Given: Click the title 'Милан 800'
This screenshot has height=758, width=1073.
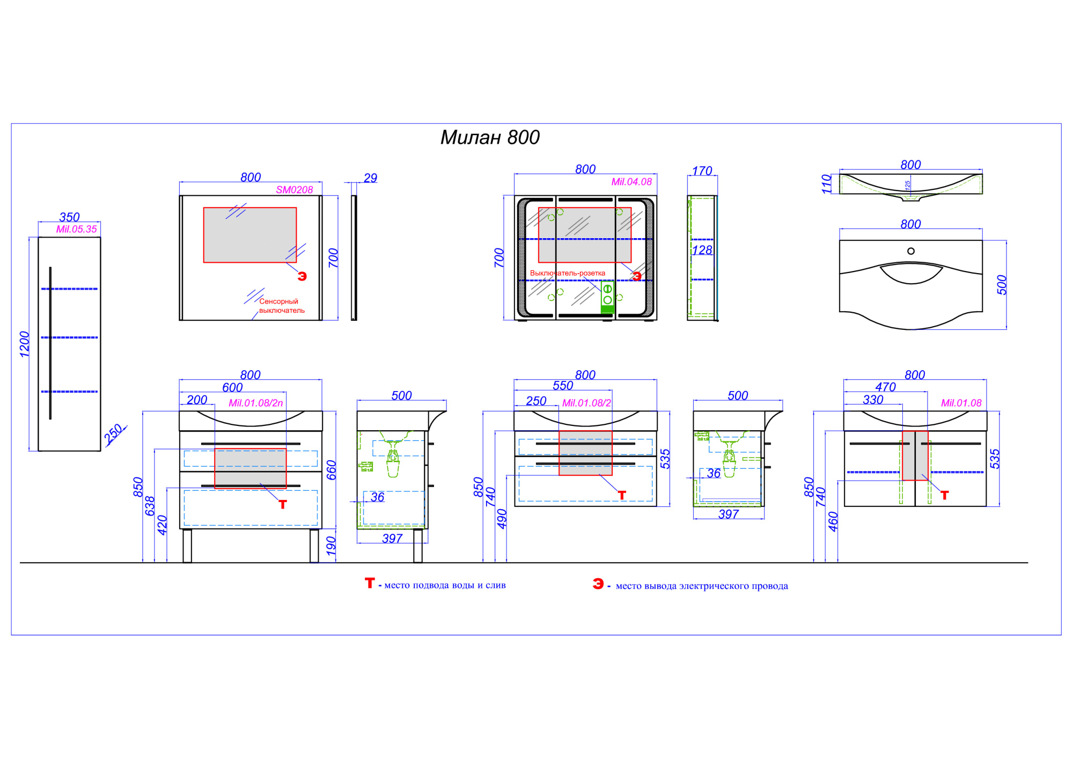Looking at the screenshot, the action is click(x=490, y=138).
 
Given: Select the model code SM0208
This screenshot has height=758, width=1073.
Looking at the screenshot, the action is click(x=295, y=190).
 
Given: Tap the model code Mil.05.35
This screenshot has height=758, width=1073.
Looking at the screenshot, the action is click(x=77, y=230).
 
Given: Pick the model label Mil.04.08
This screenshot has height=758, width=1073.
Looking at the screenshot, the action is click(x=631, y=182).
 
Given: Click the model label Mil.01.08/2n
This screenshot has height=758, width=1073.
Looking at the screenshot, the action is click(x=256, y=403).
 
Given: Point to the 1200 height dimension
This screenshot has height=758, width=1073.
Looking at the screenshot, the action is click(x=25, y=344).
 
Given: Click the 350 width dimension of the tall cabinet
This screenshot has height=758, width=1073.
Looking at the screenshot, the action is click(x=69, y=217).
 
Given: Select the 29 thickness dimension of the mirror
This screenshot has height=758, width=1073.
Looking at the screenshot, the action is click(x=371, y=178).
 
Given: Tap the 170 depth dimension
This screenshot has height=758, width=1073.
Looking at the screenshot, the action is click(x=702, y=171).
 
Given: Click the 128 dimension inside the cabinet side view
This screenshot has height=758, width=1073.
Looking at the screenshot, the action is click(x=702, y=251).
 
